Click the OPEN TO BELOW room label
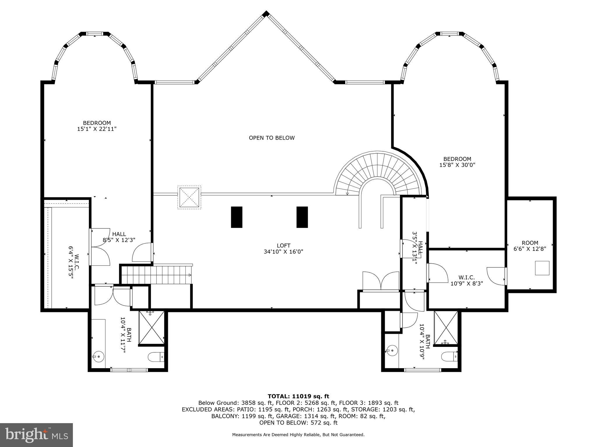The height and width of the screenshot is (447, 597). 272,138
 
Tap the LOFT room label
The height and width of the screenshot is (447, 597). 284,246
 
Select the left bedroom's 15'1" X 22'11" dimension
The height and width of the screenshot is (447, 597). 97,129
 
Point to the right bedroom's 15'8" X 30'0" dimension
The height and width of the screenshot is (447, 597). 457,165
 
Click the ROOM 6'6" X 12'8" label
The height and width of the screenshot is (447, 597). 530,246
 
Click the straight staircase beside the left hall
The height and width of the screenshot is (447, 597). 157,275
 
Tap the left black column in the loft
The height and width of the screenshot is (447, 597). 237,217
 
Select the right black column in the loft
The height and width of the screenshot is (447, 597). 302,217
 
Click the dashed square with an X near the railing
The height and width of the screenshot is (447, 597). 189,198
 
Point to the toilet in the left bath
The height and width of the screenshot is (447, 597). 157,357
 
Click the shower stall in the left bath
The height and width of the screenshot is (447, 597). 152,328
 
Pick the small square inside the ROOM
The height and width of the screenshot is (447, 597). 542,268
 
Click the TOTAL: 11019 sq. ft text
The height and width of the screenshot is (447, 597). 298,396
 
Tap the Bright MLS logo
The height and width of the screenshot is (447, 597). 36,435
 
